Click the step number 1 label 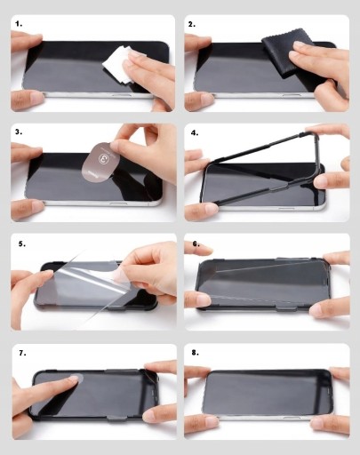pos(19,24)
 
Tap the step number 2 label pos(192,25)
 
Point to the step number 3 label pos(19,132)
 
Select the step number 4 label pos(195,132)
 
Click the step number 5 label pos(22,243)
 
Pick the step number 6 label pos(196,243)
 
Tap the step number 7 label pos(22,353)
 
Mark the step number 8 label pos(195,353)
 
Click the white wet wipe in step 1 pos(116,65)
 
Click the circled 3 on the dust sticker pos(103,158)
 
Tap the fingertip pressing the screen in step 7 pos(74,378)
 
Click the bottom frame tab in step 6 pos(286,309)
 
